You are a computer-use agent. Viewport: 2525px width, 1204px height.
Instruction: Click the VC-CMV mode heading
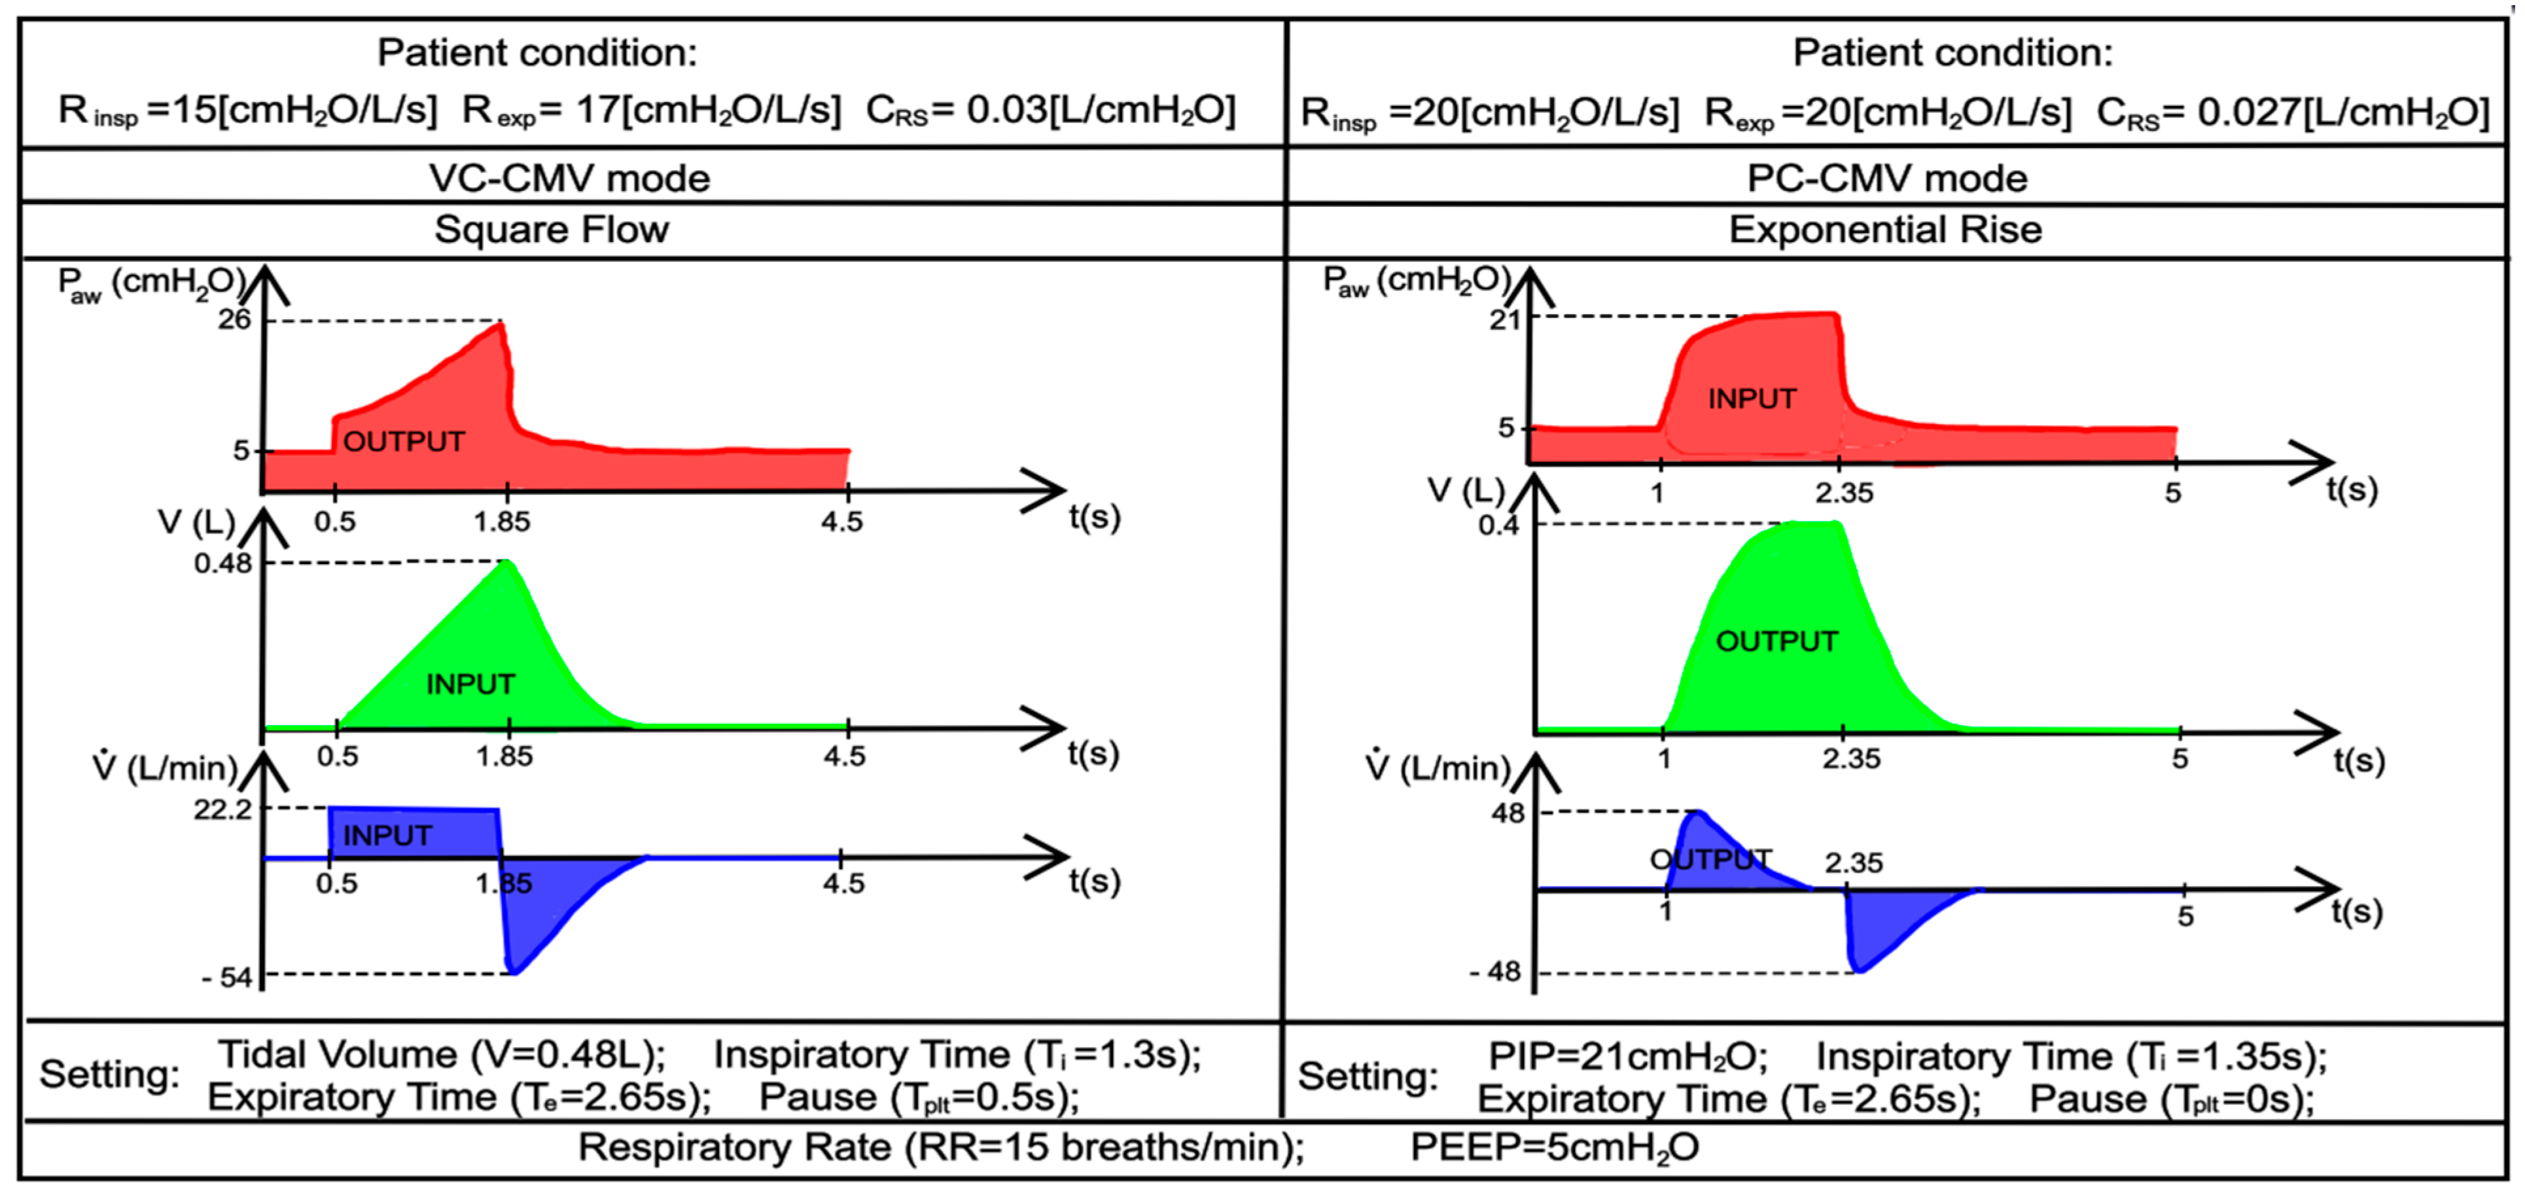pos(569,179)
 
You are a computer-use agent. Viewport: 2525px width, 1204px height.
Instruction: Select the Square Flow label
pos(552,230)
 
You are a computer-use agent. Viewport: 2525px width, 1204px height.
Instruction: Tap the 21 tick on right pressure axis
pos(1505,319)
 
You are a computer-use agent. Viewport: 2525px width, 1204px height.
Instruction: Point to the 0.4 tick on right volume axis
pos(1499,525)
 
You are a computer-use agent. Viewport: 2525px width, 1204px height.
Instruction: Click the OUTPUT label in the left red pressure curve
pos(404,442)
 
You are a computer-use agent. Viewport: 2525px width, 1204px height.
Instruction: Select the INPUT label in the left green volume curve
pos(470,684)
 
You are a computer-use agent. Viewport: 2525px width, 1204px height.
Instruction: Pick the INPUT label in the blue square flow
pos(387,836)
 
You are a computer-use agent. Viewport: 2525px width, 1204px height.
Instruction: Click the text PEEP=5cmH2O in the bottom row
pos(1555,1147)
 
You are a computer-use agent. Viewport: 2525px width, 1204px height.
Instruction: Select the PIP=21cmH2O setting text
pos(1628,1057)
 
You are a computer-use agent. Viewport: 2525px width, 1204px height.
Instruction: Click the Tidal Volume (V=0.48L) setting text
pos(441,1055)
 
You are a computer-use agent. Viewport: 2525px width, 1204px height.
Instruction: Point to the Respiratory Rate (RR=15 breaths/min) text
pos(941,1147)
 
